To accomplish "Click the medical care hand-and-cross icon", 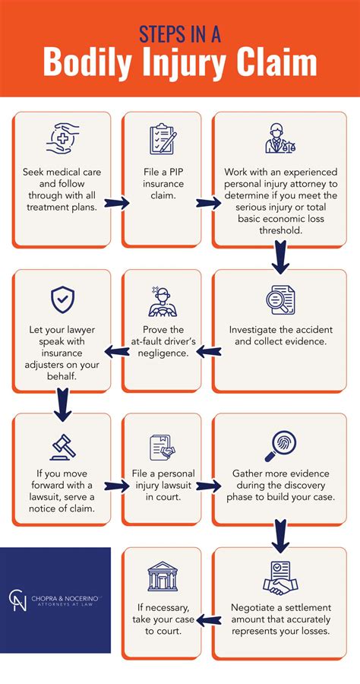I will [63, 141].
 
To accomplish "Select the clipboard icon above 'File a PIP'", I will [163, 140].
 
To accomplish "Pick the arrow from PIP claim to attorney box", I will [206, 204].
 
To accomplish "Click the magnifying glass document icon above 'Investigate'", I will [279, 301].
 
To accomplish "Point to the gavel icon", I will [63, 446].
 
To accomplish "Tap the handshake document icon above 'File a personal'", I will [162, 448].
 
